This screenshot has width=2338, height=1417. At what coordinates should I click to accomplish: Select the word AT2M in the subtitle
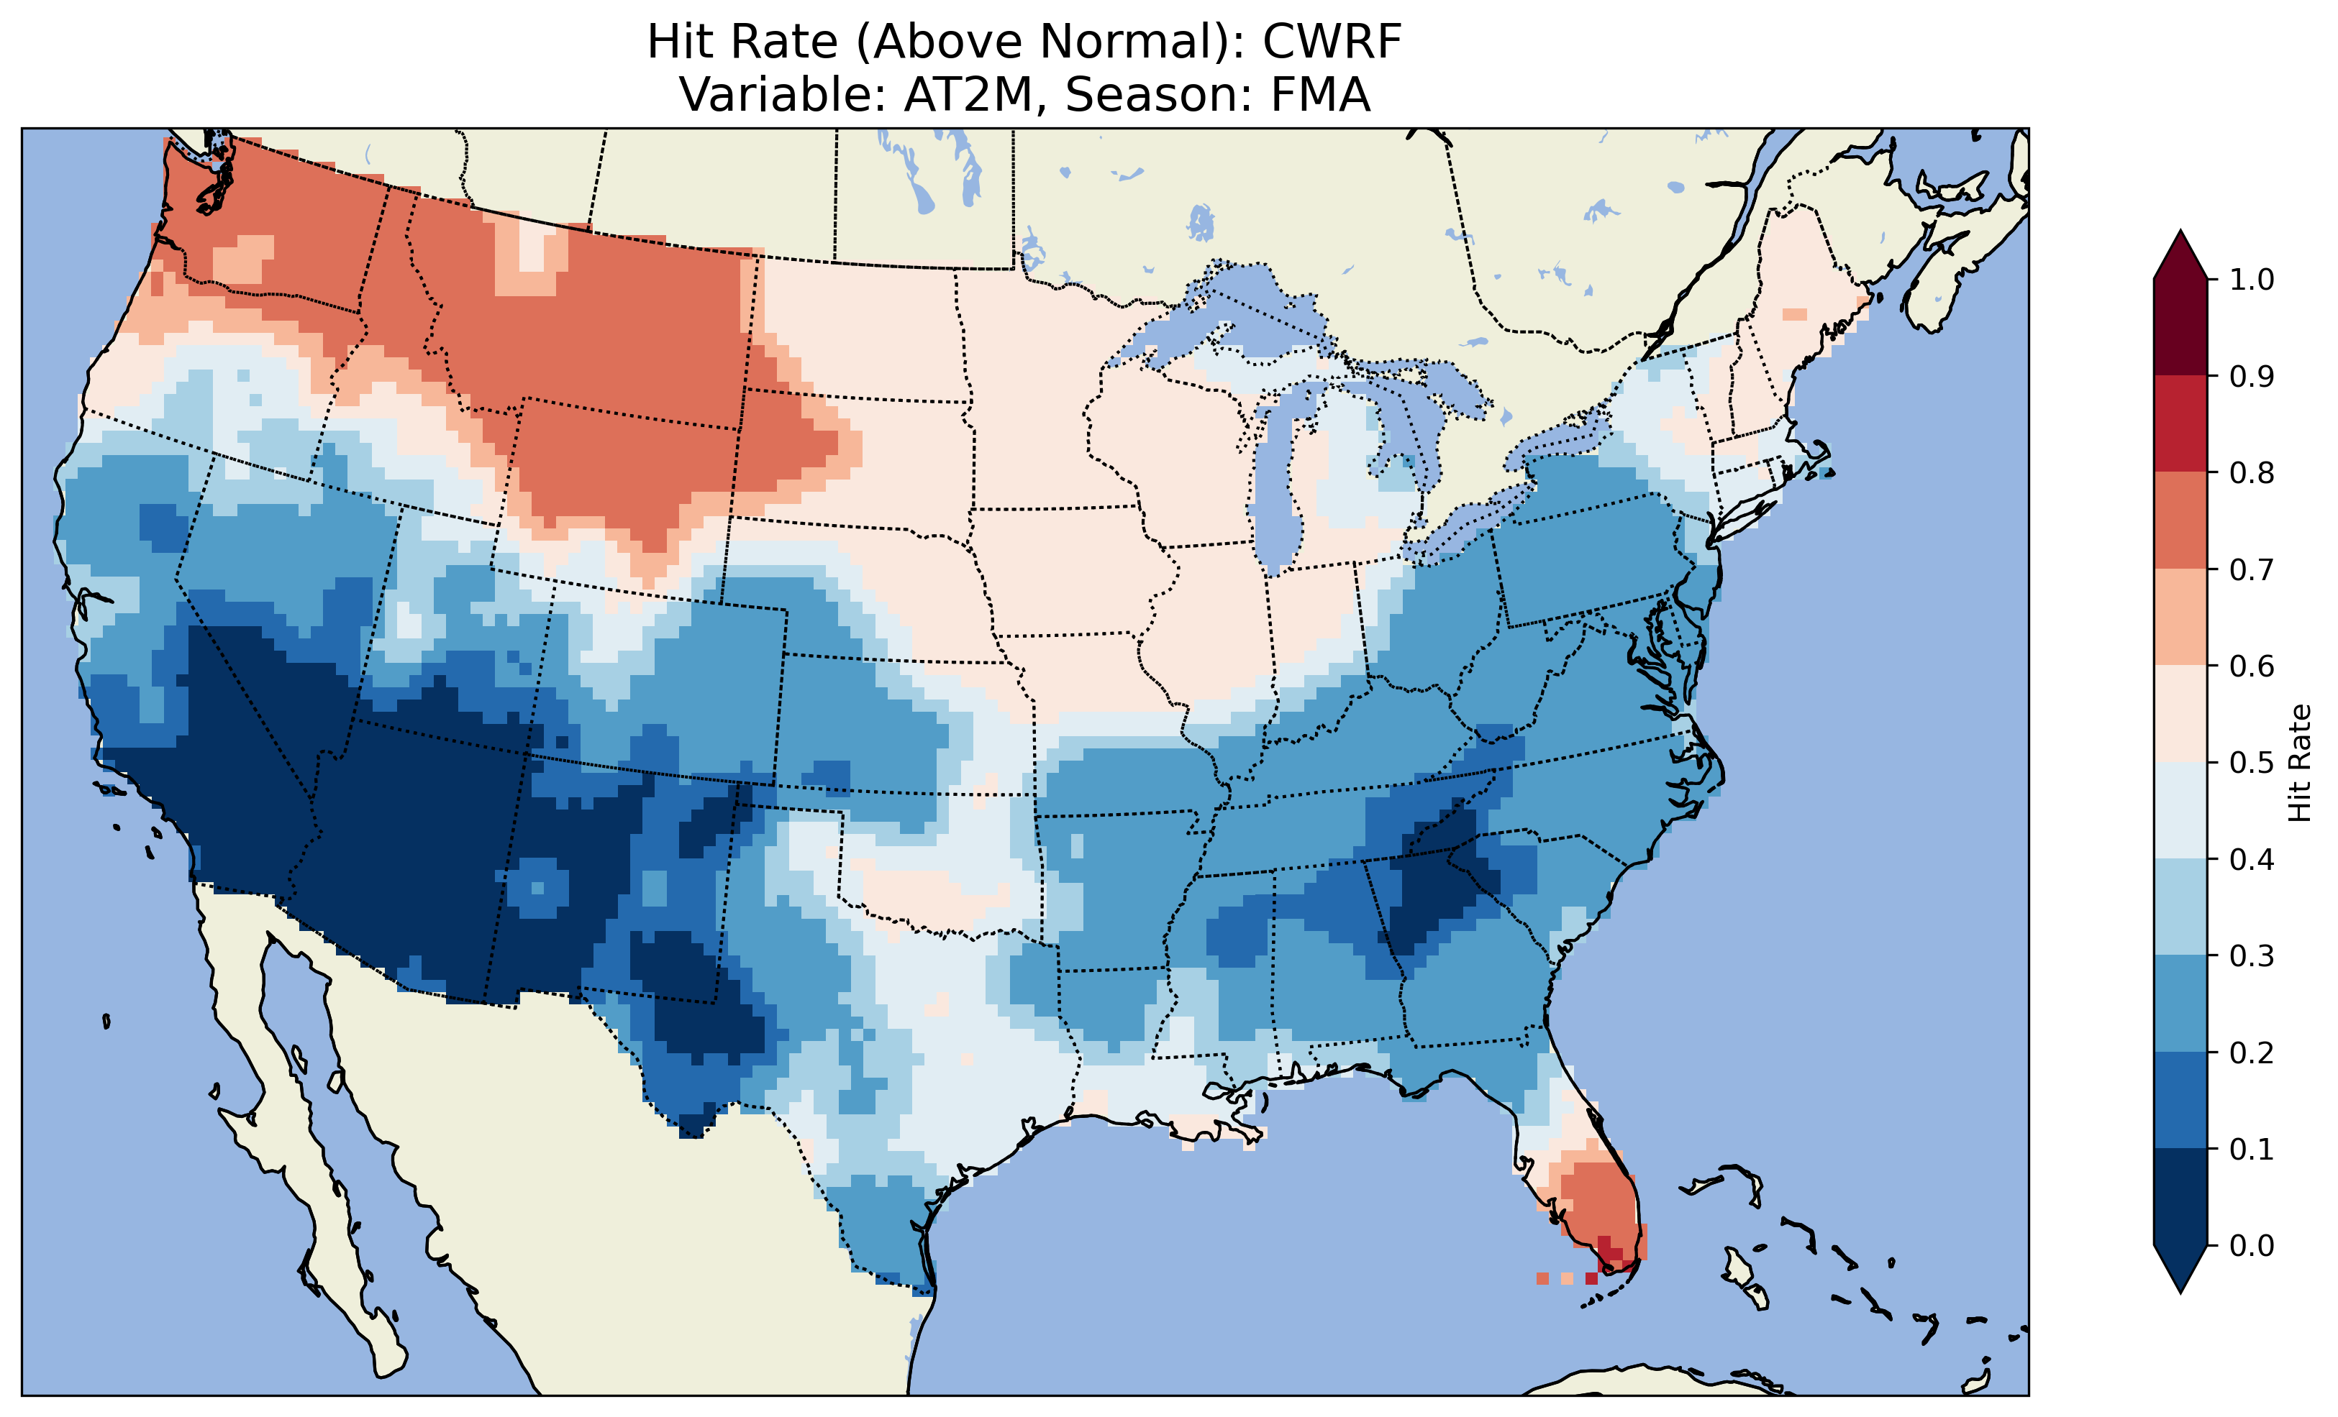click(x=968, y=95)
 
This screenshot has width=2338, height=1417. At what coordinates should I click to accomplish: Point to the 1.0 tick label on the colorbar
click(x=2252, y=280)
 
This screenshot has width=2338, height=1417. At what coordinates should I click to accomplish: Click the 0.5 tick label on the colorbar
click(x=2252, y=763)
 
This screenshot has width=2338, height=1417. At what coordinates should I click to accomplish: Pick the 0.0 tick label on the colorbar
click(x=2252, y=1245)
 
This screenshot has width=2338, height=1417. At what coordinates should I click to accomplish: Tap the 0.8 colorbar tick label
click(x=2252, y=472)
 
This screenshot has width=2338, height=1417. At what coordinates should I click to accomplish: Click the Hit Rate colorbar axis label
click(x=2299, y=763)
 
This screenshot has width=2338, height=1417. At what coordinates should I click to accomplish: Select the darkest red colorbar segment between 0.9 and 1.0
click(x=2180, y=327)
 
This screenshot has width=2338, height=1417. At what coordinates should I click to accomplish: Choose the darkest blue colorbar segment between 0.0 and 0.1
click(x=2180, y=1197)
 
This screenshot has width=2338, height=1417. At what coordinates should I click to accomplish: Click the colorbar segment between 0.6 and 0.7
click(x=2180, y=617)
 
